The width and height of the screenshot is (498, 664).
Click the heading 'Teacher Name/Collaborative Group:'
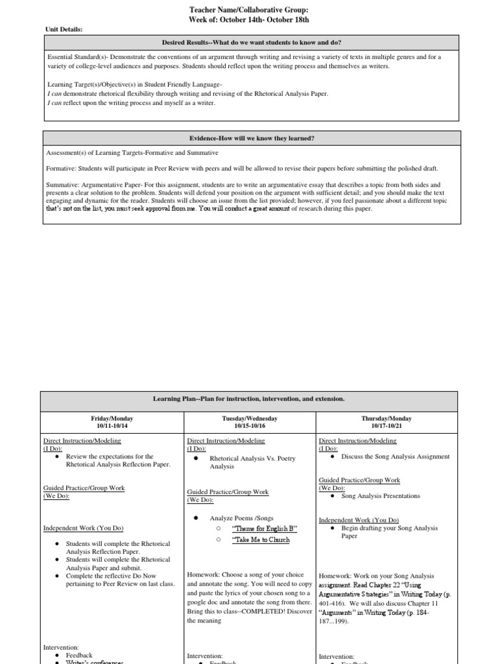249,10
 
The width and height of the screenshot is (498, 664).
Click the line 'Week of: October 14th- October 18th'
249,19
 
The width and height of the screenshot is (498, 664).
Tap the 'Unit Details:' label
64,29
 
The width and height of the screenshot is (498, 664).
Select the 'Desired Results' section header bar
252,42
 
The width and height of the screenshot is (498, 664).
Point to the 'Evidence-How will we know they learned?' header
252,138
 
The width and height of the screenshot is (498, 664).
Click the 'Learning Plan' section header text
248,397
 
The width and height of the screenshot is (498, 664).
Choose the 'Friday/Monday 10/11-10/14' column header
113,423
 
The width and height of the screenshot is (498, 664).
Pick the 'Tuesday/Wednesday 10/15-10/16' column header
249,423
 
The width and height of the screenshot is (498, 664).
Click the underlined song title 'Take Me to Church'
261,539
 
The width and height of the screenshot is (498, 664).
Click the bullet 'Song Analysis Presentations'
381,496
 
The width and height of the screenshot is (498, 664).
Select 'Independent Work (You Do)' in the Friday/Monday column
83,528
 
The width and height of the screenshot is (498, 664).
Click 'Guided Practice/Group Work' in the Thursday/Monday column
359,480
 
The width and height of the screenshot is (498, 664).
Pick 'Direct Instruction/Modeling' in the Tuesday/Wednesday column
226,441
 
